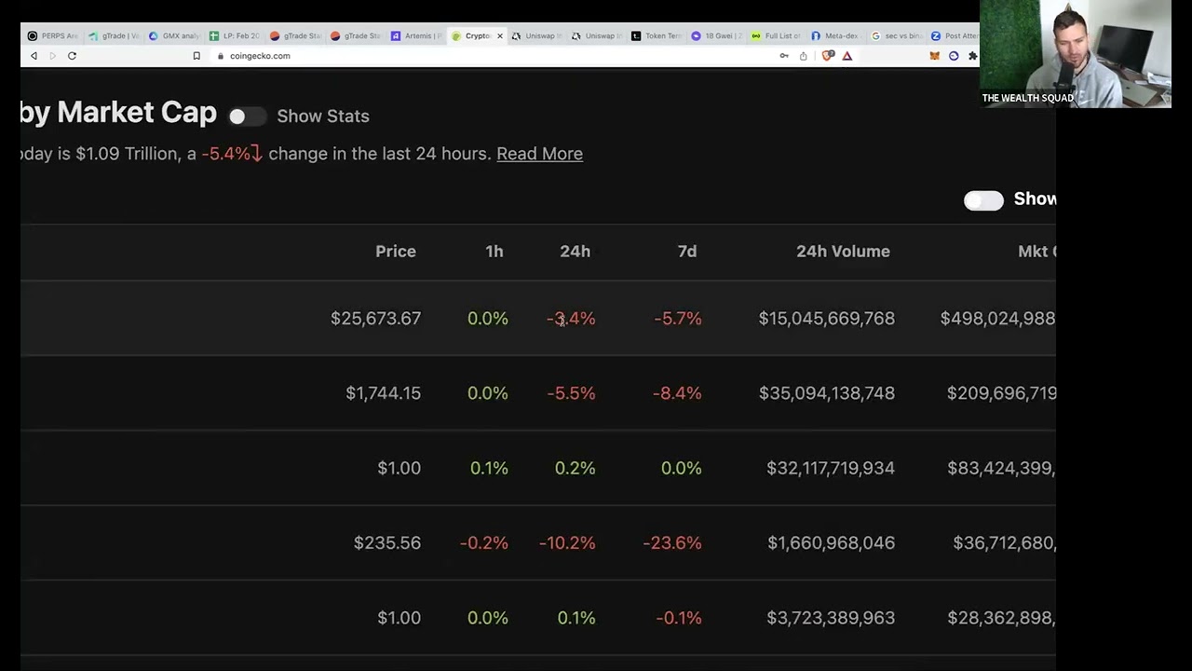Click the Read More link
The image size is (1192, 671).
click(539, 154)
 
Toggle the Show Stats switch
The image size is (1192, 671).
click(247, 116)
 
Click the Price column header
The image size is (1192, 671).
click(395, 252)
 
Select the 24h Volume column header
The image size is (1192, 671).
click(843, 252)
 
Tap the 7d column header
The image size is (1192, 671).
click(687, 252)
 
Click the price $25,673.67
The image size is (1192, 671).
click(375, 319)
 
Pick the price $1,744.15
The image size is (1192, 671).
click(383, 393)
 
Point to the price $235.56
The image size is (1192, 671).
click(386, 543)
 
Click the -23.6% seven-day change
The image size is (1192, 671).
click(671, 543)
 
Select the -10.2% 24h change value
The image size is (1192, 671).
click(566, 543)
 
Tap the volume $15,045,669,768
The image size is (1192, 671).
click(826, 319)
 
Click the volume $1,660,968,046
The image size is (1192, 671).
click(831, 543)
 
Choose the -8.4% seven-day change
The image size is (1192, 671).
click(677, 393)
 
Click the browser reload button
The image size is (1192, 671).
click(72, 56)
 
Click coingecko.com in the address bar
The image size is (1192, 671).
click(260, 56)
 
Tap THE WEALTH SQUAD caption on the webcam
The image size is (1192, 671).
click(1027, 98)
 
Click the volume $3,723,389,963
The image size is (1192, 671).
click(830, 618)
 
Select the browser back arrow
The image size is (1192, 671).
click(34, 56)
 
